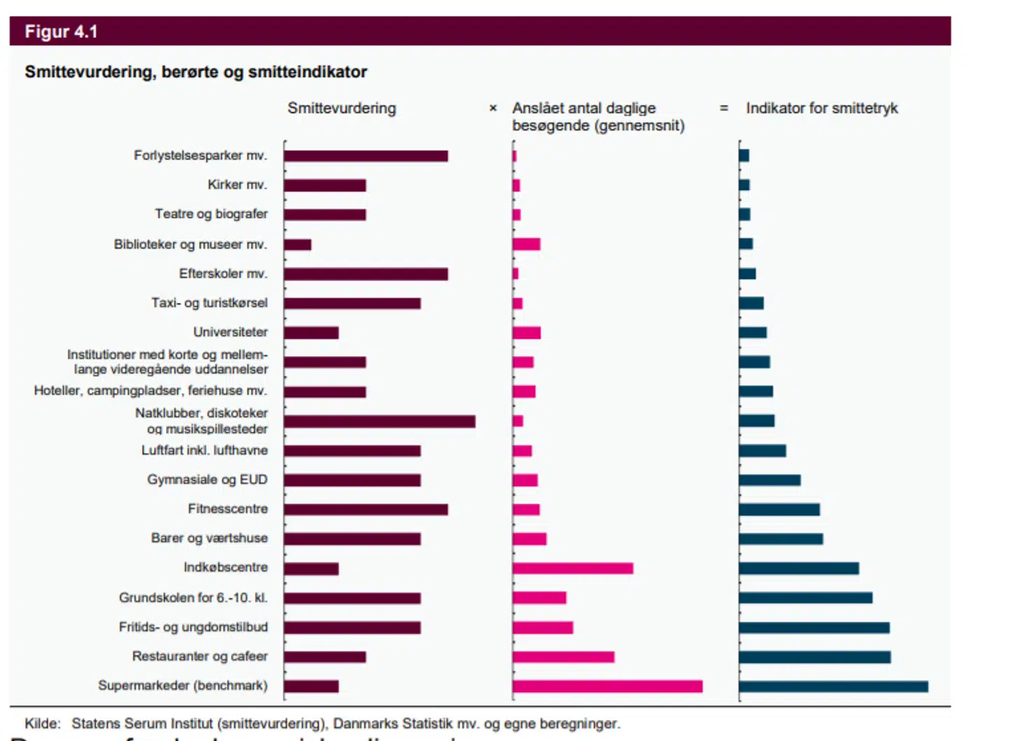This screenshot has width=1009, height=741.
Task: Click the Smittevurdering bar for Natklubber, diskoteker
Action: click(379, 421)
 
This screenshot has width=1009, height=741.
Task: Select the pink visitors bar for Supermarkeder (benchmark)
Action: click(607, 686)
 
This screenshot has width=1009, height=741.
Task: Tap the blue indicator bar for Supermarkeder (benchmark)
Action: click(833, 686)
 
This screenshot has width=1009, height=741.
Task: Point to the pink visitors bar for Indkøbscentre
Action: click(572, 568)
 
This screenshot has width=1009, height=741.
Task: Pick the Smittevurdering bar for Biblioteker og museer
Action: click(298, 245)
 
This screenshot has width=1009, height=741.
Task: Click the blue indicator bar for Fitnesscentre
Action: click(779, 510)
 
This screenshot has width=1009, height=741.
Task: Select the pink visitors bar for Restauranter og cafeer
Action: click(563, 657)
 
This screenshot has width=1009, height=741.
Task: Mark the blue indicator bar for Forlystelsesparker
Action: click(744, 156)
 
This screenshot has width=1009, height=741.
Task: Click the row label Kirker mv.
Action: click(237, 185)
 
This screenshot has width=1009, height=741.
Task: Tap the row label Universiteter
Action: click(230, 332)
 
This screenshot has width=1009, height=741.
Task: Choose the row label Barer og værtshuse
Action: click(209, 538)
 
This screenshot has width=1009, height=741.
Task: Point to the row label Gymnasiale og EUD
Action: click(207, 480)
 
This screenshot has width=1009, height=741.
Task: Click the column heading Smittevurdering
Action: click(341, 109)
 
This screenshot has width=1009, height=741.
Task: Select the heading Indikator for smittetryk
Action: click(821, 109)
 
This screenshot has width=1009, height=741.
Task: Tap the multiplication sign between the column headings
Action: click(493, 109)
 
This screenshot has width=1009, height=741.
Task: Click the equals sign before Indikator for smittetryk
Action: click(724, 109)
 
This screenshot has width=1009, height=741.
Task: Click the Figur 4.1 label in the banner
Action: click(61, 32)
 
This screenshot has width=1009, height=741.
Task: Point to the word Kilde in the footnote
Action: click(42, 723)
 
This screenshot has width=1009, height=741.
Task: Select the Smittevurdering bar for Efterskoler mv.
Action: click(366, 274)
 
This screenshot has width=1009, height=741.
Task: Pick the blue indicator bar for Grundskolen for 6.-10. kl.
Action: click(805, 598)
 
